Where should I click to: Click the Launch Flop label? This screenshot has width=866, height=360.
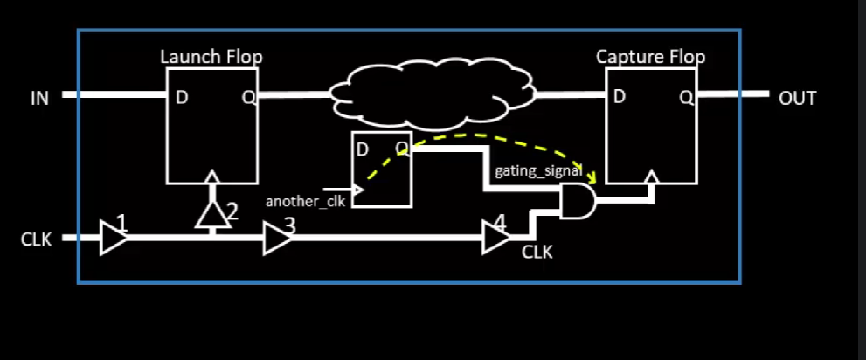click(211, 57)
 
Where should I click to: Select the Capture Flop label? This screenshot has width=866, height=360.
click(650, 57)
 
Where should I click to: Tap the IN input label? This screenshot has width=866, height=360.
click(40, 98)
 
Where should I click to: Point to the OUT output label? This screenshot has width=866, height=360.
click(797, 98)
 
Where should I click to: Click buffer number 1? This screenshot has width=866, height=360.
click(114, 237)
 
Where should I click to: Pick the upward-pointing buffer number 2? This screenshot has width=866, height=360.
click(210, 213)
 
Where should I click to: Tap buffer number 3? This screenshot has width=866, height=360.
click(277, 237)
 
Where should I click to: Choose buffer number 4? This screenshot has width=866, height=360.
click(495, 237)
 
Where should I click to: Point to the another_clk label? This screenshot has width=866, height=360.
click(294, 202)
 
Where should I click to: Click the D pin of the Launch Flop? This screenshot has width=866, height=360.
click(182, 97)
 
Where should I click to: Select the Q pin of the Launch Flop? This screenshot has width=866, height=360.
click(248, 97)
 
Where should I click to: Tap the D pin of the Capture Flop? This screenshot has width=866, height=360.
click(619, 96)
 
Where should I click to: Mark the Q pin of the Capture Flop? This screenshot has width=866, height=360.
click(687, 96)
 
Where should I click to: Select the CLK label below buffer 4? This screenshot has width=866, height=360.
click(537, 253)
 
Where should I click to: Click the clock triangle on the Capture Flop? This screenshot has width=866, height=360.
click(651, 178)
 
